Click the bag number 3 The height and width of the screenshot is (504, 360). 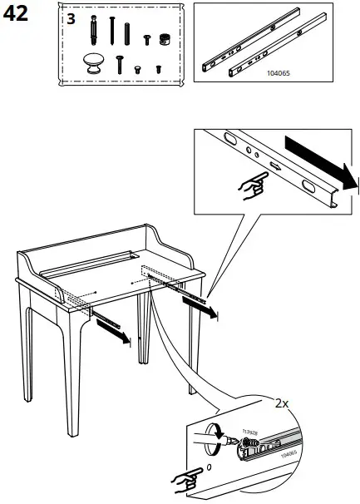[x=71, y=19]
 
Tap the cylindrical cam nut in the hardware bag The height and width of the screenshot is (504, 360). [x=164, y=39]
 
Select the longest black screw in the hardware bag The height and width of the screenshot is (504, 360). [x=111, y=31]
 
